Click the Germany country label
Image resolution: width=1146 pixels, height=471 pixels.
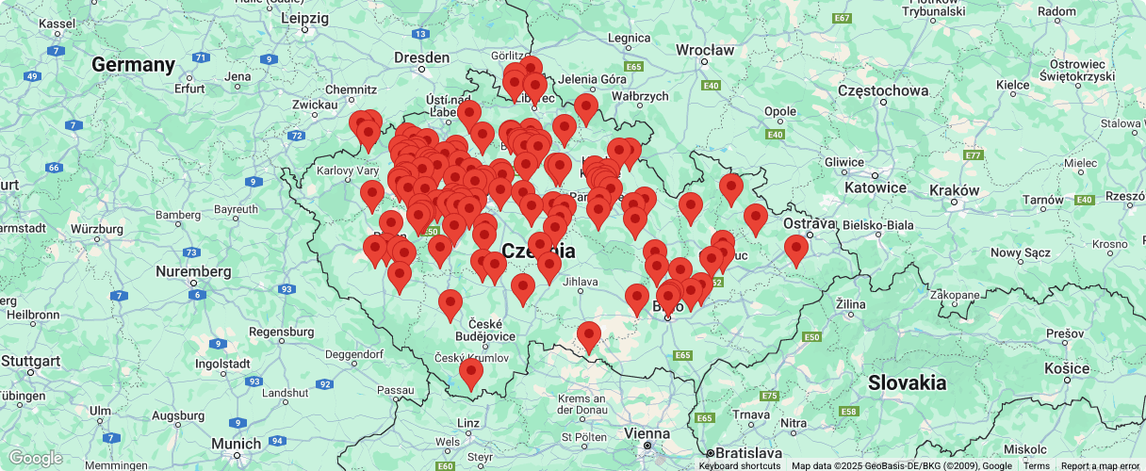[133, 65]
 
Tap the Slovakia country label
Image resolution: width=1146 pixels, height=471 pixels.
[907, 382]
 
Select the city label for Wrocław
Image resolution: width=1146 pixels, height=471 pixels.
[705, 50]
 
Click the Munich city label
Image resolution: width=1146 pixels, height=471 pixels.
[237, 444]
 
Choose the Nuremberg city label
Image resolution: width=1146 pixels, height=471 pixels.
[194, 271]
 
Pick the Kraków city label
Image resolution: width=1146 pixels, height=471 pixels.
[955, 189]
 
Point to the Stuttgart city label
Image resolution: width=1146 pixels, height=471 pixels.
[31, 361]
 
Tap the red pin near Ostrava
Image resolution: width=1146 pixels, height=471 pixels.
[796, 250]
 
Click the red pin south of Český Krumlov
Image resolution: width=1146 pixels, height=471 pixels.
[470, 373]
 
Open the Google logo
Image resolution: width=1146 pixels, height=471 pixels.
[35, 459]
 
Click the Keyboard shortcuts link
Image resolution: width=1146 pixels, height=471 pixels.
[739, 465]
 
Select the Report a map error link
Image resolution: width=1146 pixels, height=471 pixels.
[1100, 465]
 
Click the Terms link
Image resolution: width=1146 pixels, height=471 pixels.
[1036, 465]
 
